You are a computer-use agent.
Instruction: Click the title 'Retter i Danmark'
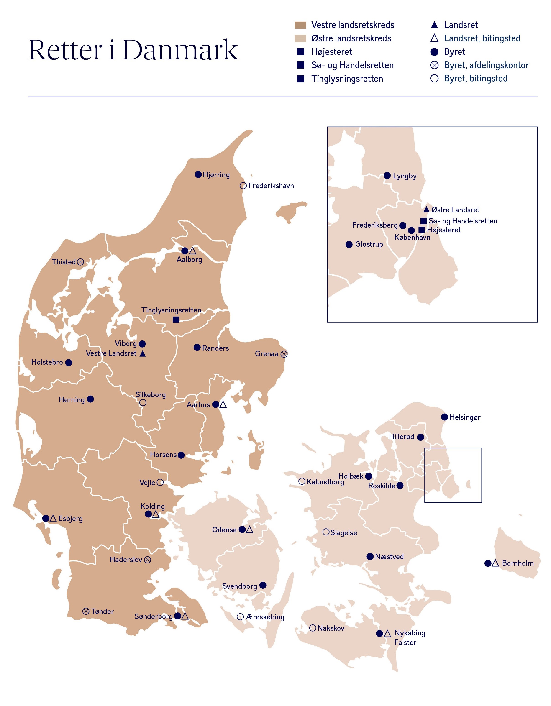(x=133, y=50)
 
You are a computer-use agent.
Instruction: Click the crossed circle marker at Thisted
(x=80, y=262)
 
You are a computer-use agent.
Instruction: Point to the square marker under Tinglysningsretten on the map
(x=176, y=320)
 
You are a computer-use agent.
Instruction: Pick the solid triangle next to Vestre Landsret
(x=143, y=354)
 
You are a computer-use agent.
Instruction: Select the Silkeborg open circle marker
(x=143, y=403)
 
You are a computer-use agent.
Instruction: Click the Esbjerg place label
(x=70, y=519)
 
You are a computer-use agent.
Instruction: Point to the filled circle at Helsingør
(x=445, y=417)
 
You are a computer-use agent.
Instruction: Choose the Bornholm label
(x=518, y=563)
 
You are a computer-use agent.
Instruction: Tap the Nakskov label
(x=331, y=628)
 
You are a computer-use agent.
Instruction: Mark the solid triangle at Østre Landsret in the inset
(x=426, y=210)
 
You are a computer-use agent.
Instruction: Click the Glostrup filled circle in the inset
(x=349, y=244)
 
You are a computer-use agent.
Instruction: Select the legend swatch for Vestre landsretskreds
(x=300, y=25)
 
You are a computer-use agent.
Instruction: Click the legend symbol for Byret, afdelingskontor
(x=434, y=65)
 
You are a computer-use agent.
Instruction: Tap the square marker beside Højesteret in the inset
(x=422, y=230)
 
